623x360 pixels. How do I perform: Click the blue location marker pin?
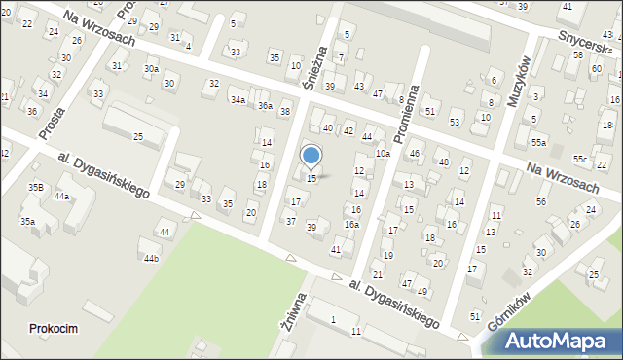click(311, 156)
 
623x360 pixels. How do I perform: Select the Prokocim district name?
click(54, 329)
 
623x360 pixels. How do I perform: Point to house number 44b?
click(151, 258)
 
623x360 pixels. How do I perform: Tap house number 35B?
click(35, 187)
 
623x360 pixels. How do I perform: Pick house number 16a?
click(351, 225)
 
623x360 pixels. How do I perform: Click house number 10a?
click(384, 153)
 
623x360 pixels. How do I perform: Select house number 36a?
click(264, 105)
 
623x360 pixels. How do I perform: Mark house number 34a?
click(238, 99)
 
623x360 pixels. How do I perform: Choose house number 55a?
click(538, 143)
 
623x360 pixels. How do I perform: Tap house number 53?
click(455, 122)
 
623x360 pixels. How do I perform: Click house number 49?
click(422, 292)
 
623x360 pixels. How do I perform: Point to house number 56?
click(541, 201)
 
